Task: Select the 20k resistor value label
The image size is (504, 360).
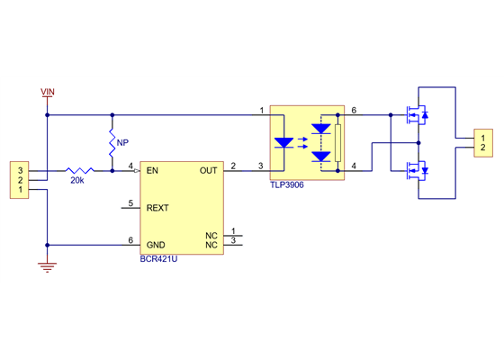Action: pos(76,181)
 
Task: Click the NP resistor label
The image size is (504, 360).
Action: pos(122,142)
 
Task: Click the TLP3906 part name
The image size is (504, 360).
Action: pos(288,185)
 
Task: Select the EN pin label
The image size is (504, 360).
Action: pos(152,169)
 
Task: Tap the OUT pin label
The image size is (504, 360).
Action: pos(208,169)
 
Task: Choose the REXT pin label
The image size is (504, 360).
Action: pos(157,208)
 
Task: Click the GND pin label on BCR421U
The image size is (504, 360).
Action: pos(156,244)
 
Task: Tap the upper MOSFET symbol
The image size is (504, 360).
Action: pos(418,114)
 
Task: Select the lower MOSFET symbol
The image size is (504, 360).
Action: pos(418,169)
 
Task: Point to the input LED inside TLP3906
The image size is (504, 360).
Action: pos(283,142)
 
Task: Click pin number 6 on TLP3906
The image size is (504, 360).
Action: pos(354,110)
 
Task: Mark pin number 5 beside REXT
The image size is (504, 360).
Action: pos(130,203)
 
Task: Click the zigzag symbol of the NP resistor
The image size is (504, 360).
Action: pos(112,142)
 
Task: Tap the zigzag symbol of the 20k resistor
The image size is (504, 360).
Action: pos(78,169)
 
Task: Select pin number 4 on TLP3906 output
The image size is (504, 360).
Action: pos(354,165)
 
